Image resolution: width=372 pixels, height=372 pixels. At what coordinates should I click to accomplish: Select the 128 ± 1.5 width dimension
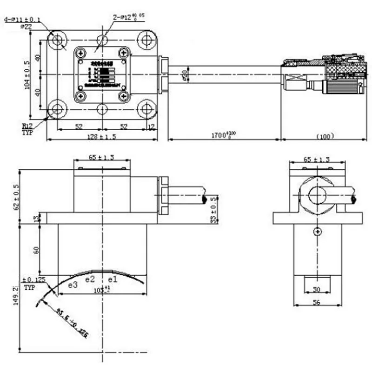pos(101,136)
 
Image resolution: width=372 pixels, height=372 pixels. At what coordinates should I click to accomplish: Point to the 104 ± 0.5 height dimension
pos(27,74)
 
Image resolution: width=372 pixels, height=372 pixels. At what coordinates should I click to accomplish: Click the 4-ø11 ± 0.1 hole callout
pos(22,20)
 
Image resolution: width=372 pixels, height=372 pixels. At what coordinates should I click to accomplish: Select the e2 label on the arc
pos(90,279)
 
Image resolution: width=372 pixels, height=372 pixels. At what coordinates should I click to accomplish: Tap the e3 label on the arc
pos(72,285)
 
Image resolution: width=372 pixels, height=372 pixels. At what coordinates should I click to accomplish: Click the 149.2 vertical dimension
pos(16,295)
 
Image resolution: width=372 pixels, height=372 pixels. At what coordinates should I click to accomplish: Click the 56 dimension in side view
pos(316,302)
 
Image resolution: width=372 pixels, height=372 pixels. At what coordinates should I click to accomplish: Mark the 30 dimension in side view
pos(316,289)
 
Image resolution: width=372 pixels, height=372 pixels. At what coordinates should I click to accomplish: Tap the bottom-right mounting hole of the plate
pos(147,109)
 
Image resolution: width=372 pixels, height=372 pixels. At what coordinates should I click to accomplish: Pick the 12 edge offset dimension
pos(151,126)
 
